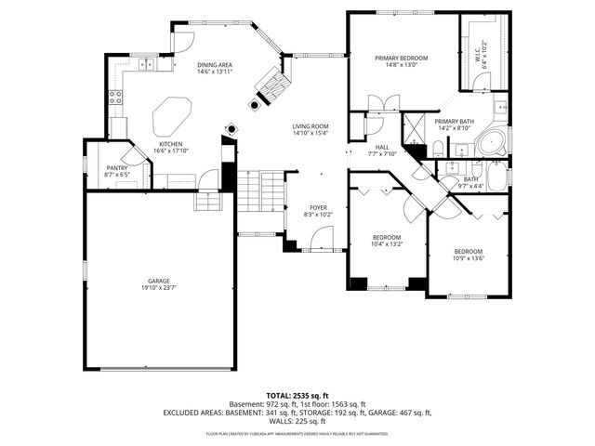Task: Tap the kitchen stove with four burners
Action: pyautogui.click(x=116, y=97)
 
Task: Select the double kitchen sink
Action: pyautogui.click(x=147, y=64)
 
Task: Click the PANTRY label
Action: pyautogui.click(x=116, y=168)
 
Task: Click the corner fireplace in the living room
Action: pyautogui.click(x=271, y=82)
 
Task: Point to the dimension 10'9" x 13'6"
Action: pyautogui.click(x=469, y=259)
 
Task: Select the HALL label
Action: pyautogui.click(x=382, y=147)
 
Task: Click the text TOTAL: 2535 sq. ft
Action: pyautogui.click(x=297, y=395)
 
